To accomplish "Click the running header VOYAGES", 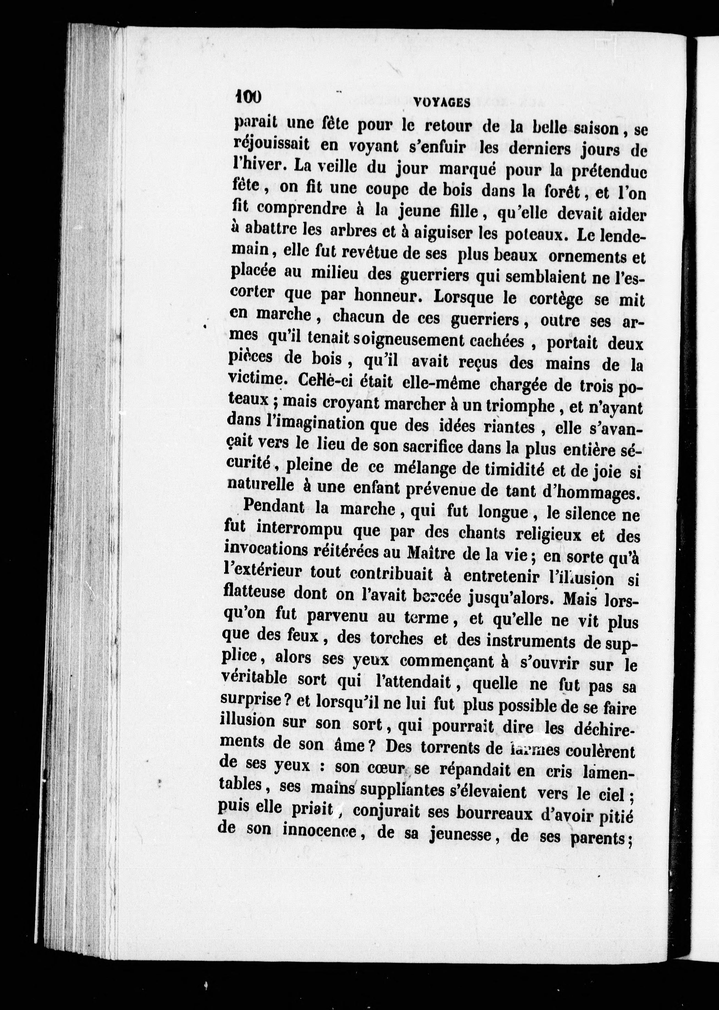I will coord(441,103).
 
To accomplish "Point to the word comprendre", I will coord(301,208).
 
